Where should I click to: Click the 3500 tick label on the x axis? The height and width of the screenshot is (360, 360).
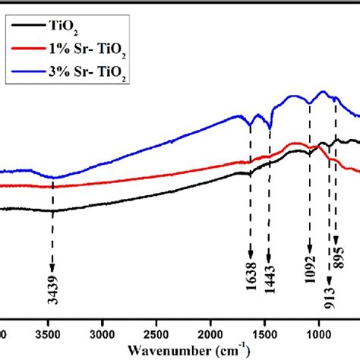(x=51, y=333)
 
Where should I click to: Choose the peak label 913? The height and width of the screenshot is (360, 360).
(x=328, y=302)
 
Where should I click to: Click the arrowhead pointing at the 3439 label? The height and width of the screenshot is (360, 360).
(x=52, y=268)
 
